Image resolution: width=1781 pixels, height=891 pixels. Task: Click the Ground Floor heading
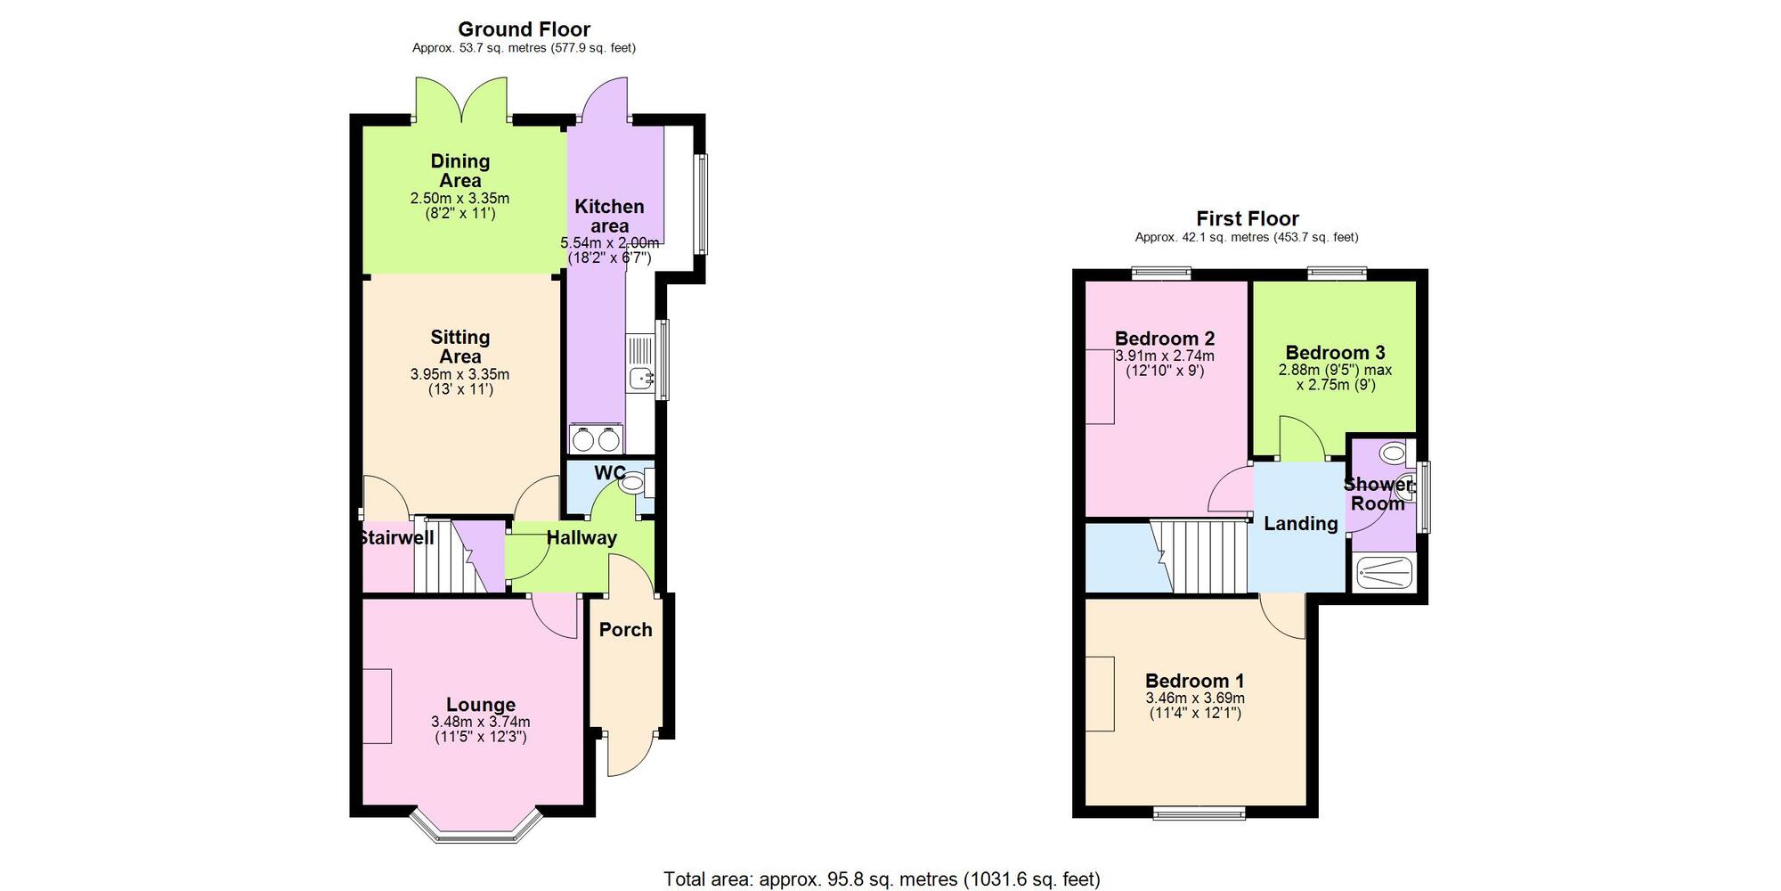524,29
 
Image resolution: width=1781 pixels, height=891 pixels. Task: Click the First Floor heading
1247,218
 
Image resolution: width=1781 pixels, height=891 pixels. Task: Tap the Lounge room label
480,705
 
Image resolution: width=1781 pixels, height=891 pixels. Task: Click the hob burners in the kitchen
596,439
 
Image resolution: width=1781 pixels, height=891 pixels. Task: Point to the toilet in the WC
633,484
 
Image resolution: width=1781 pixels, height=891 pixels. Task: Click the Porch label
625,630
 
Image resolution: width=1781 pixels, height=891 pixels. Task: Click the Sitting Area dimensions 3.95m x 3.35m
459,374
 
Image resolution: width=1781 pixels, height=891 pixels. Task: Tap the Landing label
1300,524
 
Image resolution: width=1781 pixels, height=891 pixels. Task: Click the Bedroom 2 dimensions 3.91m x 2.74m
1165,356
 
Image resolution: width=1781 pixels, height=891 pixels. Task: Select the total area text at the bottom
882,879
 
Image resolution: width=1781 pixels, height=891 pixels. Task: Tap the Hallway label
581,537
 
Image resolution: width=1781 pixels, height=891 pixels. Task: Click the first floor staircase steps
1202,556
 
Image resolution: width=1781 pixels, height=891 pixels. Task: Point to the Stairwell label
395,537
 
